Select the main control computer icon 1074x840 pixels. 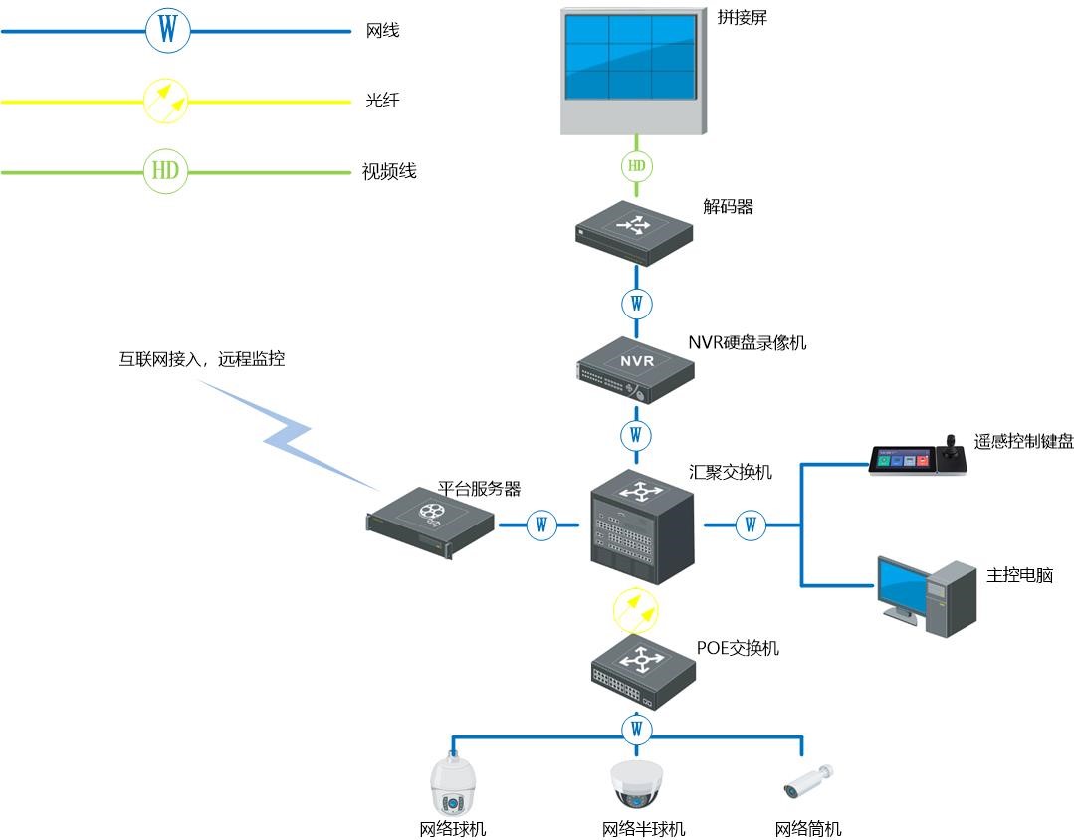[x=926, y=595]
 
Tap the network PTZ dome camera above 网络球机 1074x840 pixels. [x=452, y=786]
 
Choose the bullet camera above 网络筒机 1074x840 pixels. [x=807, y=782]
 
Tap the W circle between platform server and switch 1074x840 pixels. [x=541, y=525]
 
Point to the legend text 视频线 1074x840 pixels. [x=389, y=172]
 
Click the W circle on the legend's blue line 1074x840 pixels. [x=167, y=31]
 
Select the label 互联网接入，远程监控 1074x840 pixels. [x=202, y=359]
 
